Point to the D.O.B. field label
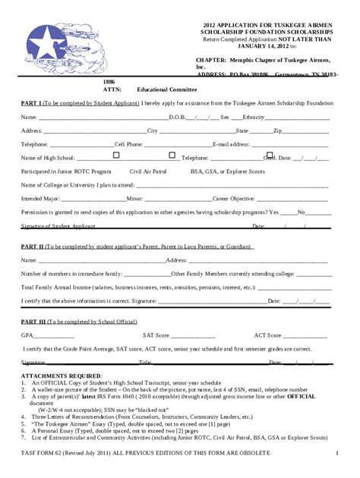coord(181,118)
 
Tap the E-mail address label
coord(232,143)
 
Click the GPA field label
coord(27,334)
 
